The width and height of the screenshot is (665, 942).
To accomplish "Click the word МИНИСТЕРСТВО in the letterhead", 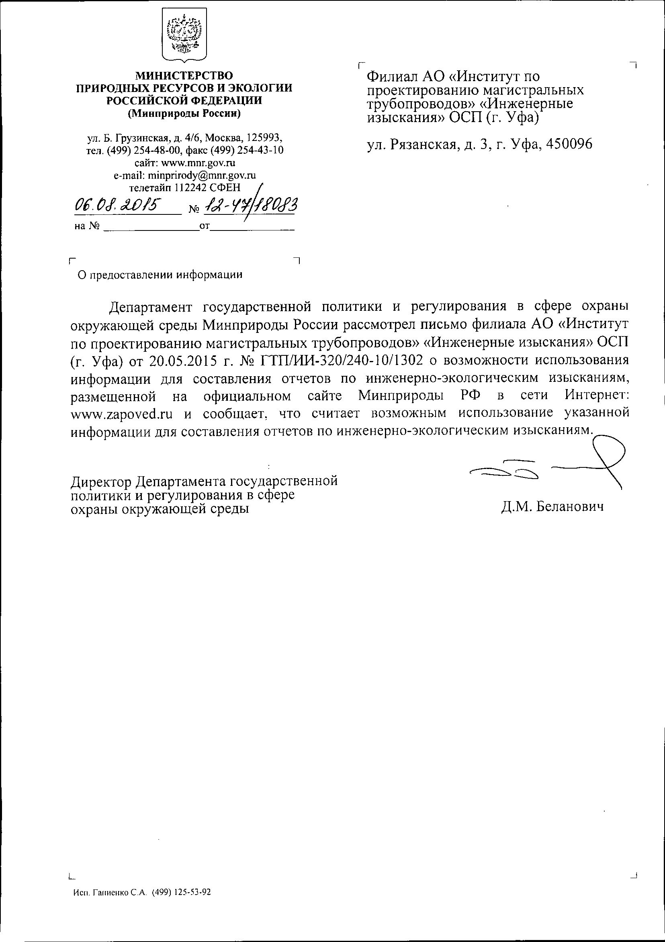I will coord(184,75).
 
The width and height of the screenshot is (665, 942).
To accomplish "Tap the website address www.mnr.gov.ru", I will coord(198,163).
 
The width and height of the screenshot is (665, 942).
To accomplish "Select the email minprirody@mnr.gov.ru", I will coord(202,175).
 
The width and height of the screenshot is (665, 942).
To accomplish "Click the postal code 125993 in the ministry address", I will coord(263,137).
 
